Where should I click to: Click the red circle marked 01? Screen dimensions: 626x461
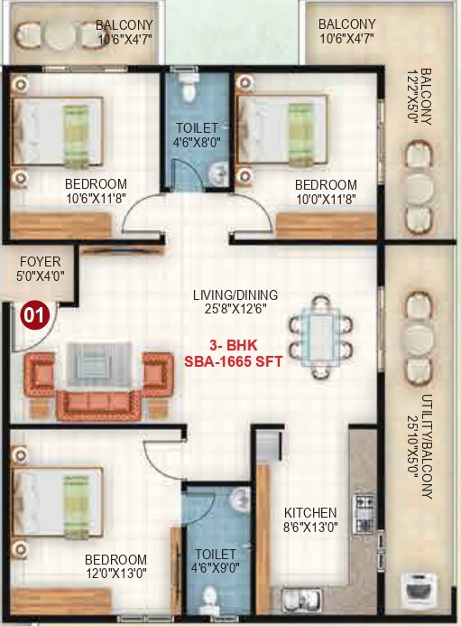click(x=34, y=316)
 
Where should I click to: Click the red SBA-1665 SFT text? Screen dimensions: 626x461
click(x=234, y=361)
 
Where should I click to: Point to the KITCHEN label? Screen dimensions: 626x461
click(x=309, y=512)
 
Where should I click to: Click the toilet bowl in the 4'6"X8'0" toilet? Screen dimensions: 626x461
click(x=188, y=88)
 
